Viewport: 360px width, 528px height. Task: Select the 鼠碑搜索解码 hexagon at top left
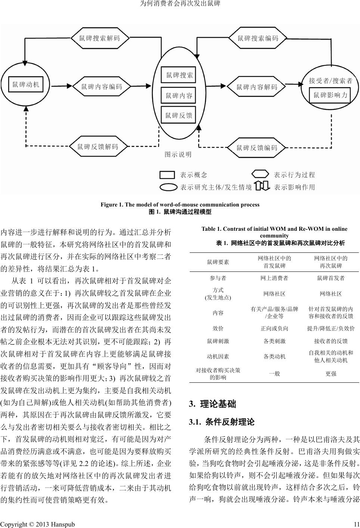pos(100,38)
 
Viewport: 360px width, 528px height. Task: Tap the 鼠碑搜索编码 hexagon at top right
pos(258,38)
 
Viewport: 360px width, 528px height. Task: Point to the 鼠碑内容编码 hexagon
pos(102,87)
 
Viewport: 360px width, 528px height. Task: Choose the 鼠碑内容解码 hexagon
pos(257,87)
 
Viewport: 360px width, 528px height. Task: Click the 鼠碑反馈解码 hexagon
pos(98,147)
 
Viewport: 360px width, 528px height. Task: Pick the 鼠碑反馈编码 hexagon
pos(257,148)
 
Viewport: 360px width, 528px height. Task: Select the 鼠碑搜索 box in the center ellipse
pos(180,75)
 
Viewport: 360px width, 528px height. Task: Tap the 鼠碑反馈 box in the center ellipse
pos(179,115)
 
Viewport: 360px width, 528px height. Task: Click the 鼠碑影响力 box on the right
pos(330,95)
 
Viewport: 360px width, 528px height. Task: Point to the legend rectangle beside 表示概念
pos(167,175)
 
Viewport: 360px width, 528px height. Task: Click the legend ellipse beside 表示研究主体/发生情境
pos(168,187)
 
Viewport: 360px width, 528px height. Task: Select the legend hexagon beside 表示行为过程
pos(260,174)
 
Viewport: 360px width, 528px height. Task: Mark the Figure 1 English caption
pos(180,205)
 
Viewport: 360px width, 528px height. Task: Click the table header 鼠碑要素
pos(218,262)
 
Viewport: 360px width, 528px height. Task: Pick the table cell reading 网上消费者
pos(274,278)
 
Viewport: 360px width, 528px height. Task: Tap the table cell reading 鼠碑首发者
pos(330,278)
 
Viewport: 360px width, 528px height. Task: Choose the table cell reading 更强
pos(330,373)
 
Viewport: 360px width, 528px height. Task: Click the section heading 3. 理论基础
pos(212,404)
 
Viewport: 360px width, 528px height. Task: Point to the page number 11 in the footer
pos(356,524)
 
